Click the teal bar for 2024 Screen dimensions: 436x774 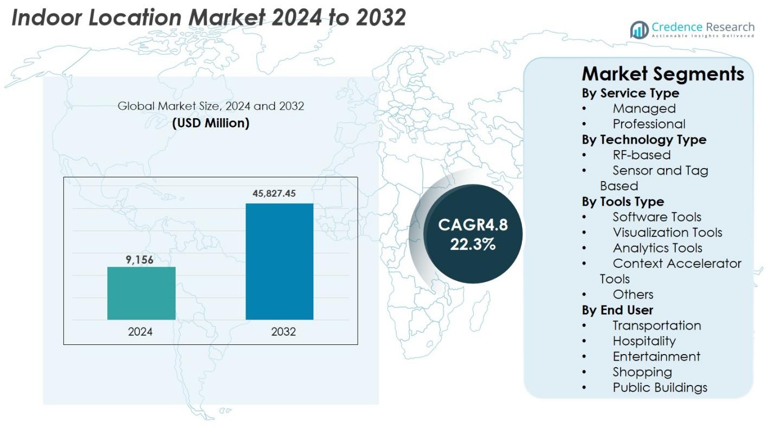(x=141, y=293)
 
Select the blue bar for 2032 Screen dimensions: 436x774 (x=279, y=261)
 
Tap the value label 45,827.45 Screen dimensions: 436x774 (x=274, y=194)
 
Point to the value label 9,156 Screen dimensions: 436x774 (x=140, y=260)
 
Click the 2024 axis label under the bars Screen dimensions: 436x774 (x=140, y=332)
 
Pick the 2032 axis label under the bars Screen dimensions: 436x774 (x=283, y=332)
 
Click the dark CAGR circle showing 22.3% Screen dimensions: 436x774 (x=473, y=234)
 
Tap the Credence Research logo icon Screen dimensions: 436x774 (x=640, y=30)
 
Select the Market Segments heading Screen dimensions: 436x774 (x=663, y=74)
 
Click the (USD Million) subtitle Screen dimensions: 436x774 (x=211, y=123)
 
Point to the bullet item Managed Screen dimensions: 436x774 (x=644, y=108)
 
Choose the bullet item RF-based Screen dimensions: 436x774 (x=641, y=155)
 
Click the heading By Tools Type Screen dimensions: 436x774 (x=623, y=202)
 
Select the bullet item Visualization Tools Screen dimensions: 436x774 (x=667, y=233)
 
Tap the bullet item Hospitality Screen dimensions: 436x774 (x=644, y=341)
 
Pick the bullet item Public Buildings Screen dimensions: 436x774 (x=660, y=388)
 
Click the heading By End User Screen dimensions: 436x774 (x=617, y=310)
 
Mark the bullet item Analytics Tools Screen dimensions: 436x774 (x=657, y=248)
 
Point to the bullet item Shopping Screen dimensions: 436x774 (x=642, y=372)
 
